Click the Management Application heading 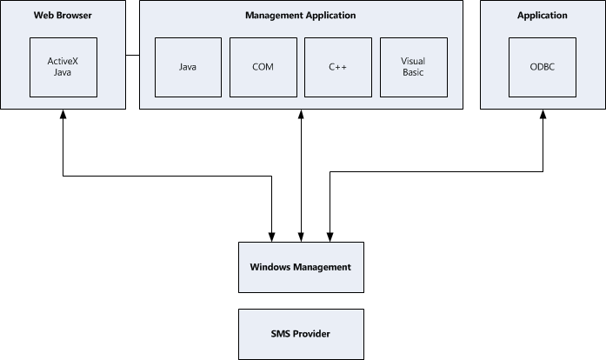pyautogui.click(x=300, y=16)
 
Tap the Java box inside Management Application pyautogui.click(x=187, y=67)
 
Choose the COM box pyautogui.click(x=262, y=67)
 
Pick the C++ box pyautogui.click(x=337, y=67)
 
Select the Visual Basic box pyautogui.click(x=412, y=67)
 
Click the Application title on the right pyautogui.click(x=542, y=16)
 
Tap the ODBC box pyautogui.click(x=542, y=67)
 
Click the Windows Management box pyautogui.click(x=300, y=267)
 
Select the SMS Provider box pyautogui.click(x=300, y=333)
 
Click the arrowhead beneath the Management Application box pyautogui.click(x=301, y=116)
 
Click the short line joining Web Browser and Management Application pyautogui.click(x=132, y=56)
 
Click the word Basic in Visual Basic pyautogui.click(x=412, y=73)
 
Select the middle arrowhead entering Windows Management pyautogui.click(x=301, y=236)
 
